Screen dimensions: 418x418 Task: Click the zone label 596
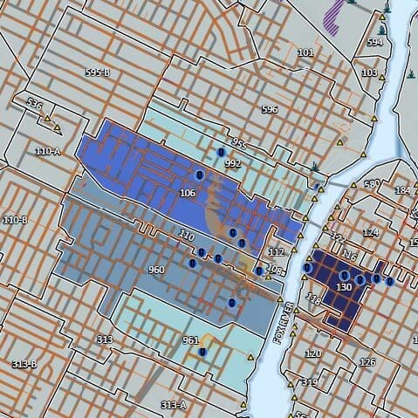(270, 109)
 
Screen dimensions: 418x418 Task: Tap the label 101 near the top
(305, 52)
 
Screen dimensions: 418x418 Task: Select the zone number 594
(375, 42)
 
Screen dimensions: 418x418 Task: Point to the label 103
(369, 72)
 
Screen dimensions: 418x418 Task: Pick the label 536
(35, 105)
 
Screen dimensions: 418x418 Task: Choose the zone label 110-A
(47, 151)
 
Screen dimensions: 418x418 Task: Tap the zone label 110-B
(16, 219)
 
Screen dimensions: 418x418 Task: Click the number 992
(232, 163)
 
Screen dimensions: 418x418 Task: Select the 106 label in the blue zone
(187, 192)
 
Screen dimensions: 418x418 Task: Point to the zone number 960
(156, 270)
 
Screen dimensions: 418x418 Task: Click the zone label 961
(191, 340)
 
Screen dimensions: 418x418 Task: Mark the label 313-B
(24, 363)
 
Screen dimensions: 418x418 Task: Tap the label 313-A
(174, 405)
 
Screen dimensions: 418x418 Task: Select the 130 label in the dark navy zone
(344, 286)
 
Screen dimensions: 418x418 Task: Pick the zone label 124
(371, 232)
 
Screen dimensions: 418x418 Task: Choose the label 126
(367, 361)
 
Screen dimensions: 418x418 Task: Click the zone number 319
(309, 382)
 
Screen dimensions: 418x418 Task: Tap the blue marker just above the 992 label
(222, 153)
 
